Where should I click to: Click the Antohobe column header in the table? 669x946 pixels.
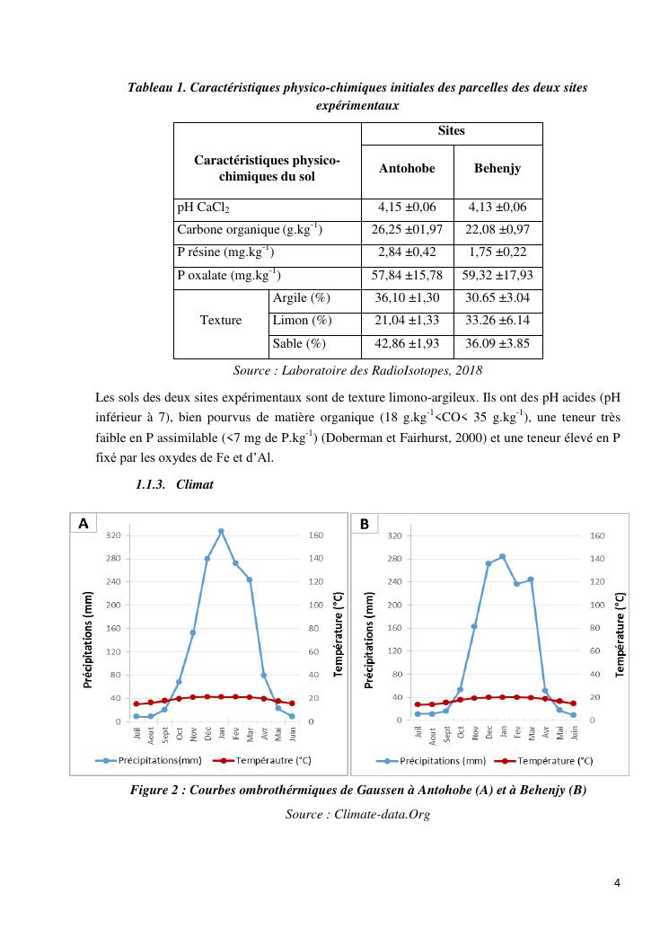(408, 169)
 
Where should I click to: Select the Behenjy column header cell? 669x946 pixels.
(497, 169)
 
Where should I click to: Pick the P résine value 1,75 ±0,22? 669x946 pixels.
(497, 253)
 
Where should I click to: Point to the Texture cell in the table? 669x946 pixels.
(221, 320)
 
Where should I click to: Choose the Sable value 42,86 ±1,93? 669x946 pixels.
(408, 343)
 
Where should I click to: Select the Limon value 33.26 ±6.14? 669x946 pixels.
(497, 321)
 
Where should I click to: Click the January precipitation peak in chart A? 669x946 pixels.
(221, 531)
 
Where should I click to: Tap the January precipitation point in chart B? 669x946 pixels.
(503, 556)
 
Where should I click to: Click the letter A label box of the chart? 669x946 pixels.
(84, 523)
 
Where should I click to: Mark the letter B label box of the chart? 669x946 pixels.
(365, 523)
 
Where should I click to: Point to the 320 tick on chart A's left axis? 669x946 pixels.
(114, 535)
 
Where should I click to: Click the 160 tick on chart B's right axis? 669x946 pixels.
(597, 536)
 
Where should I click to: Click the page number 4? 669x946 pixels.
(617, 881)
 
